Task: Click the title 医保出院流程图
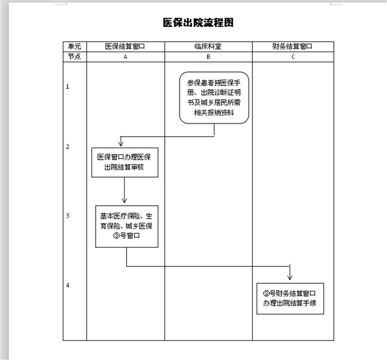[198, 22]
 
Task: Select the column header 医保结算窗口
[125, 46]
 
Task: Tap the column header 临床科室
[208, 46]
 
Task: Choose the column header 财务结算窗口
[292, 46]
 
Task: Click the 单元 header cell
[74, 46]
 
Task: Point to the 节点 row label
[74, 57]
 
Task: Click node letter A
[125, 57]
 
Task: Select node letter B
[208, 57]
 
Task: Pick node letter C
[293, 57]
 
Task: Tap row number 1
[68, 86]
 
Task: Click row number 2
[68, 147]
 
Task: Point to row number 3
[68, 216]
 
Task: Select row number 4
[68, 285]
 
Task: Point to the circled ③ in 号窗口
[116, 236]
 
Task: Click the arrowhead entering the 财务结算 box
[290, 277]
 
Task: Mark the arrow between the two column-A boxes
[124, 190]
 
